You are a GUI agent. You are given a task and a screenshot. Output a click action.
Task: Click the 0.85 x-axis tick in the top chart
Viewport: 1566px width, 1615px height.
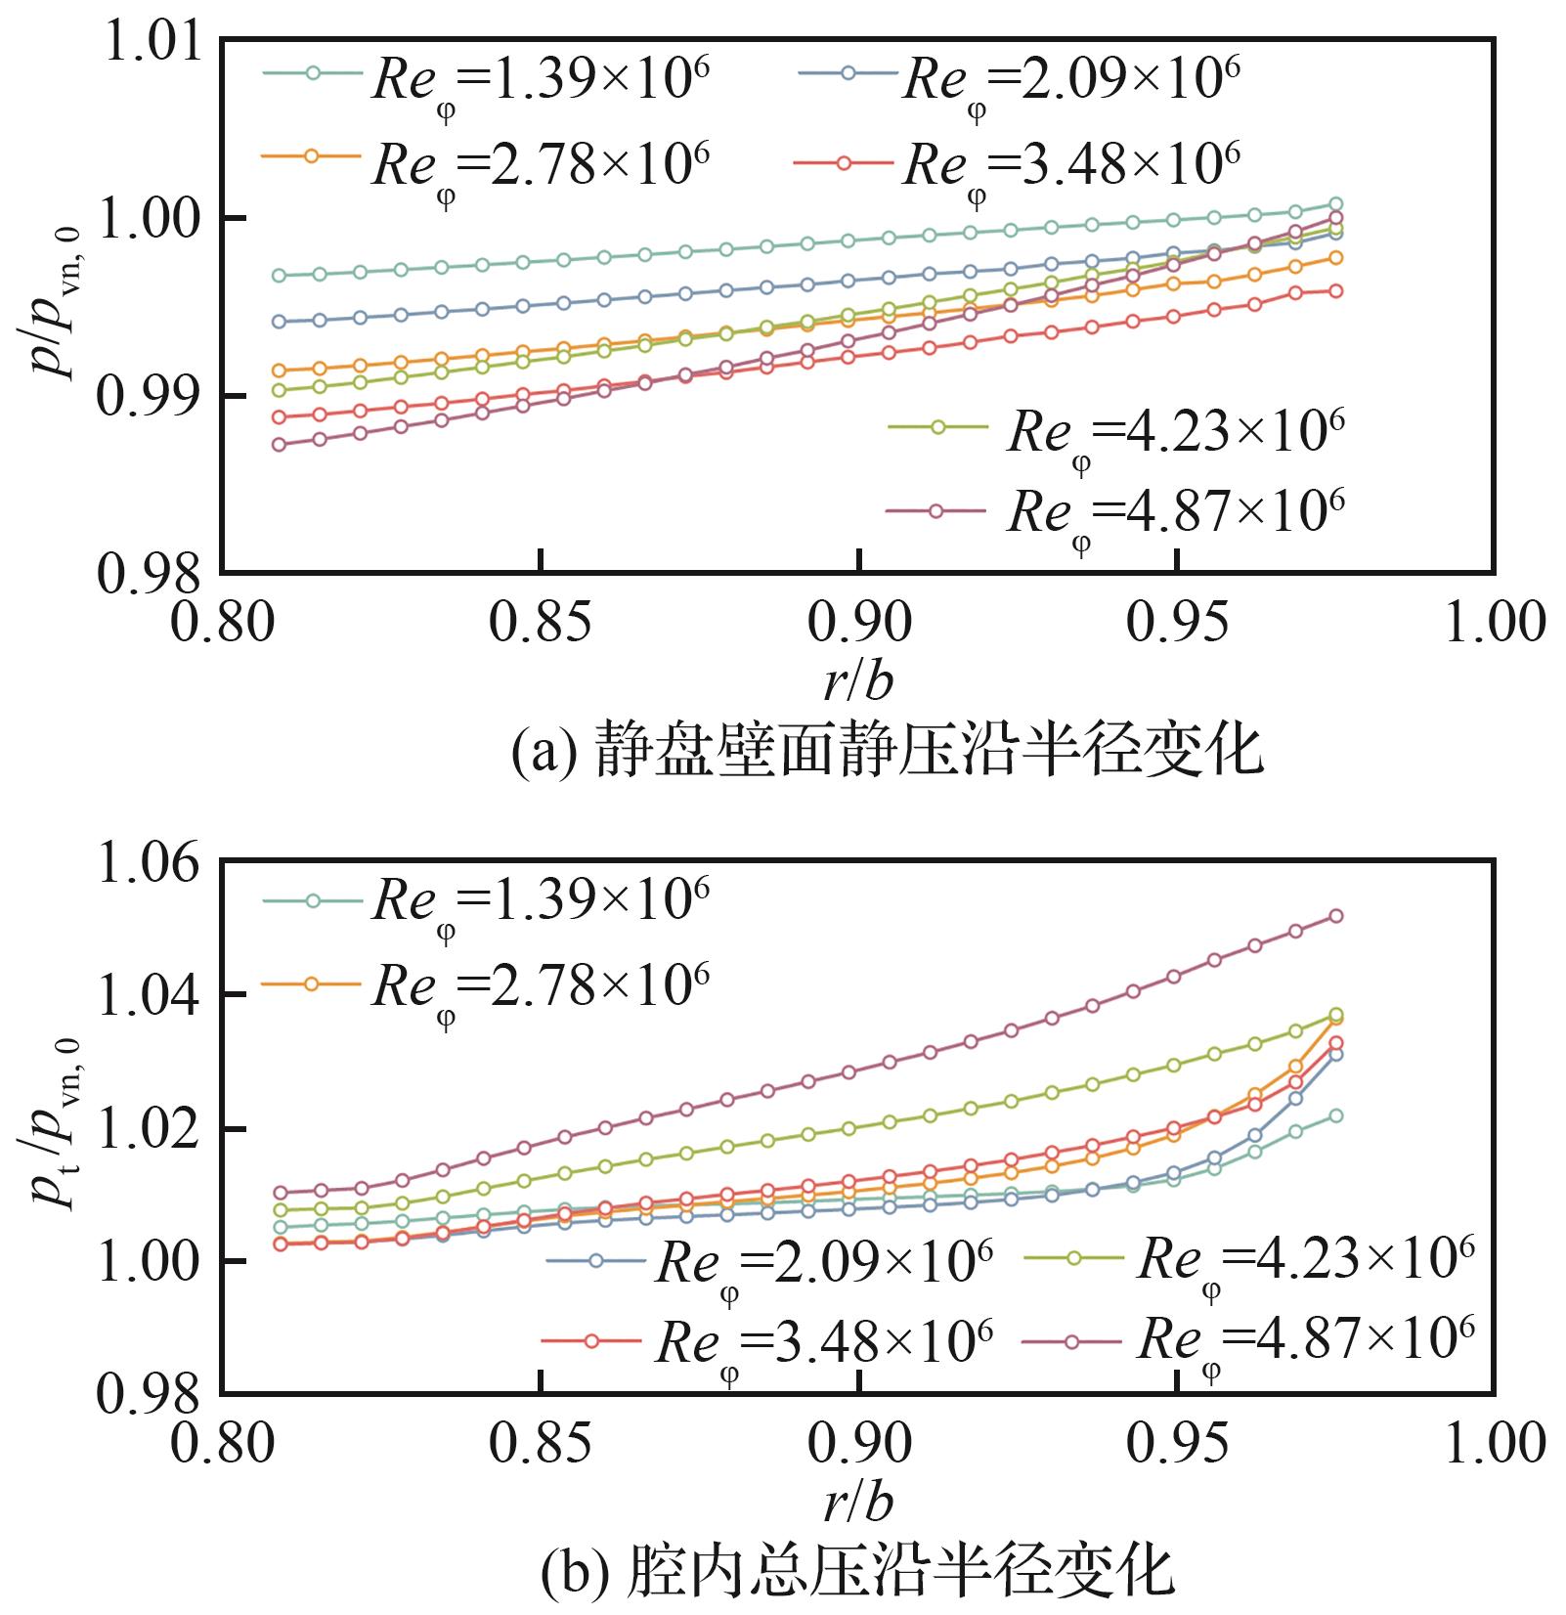(541, 622)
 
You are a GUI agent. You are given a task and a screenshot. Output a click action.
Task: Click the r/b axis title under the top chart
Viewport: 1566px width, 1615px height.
(857, 682)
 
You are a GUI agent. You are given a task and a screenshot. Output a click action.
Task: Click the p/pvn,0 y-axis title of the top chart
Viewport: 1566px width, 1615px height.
(56, 298)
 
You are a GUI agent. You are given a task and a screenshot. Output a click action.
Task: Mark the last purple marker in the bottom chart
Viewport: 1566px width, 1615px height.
(1335, 916)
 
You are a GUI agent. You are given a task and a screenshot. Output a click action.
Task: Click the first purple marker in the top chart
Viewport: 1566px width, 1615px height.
(279, 445)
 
